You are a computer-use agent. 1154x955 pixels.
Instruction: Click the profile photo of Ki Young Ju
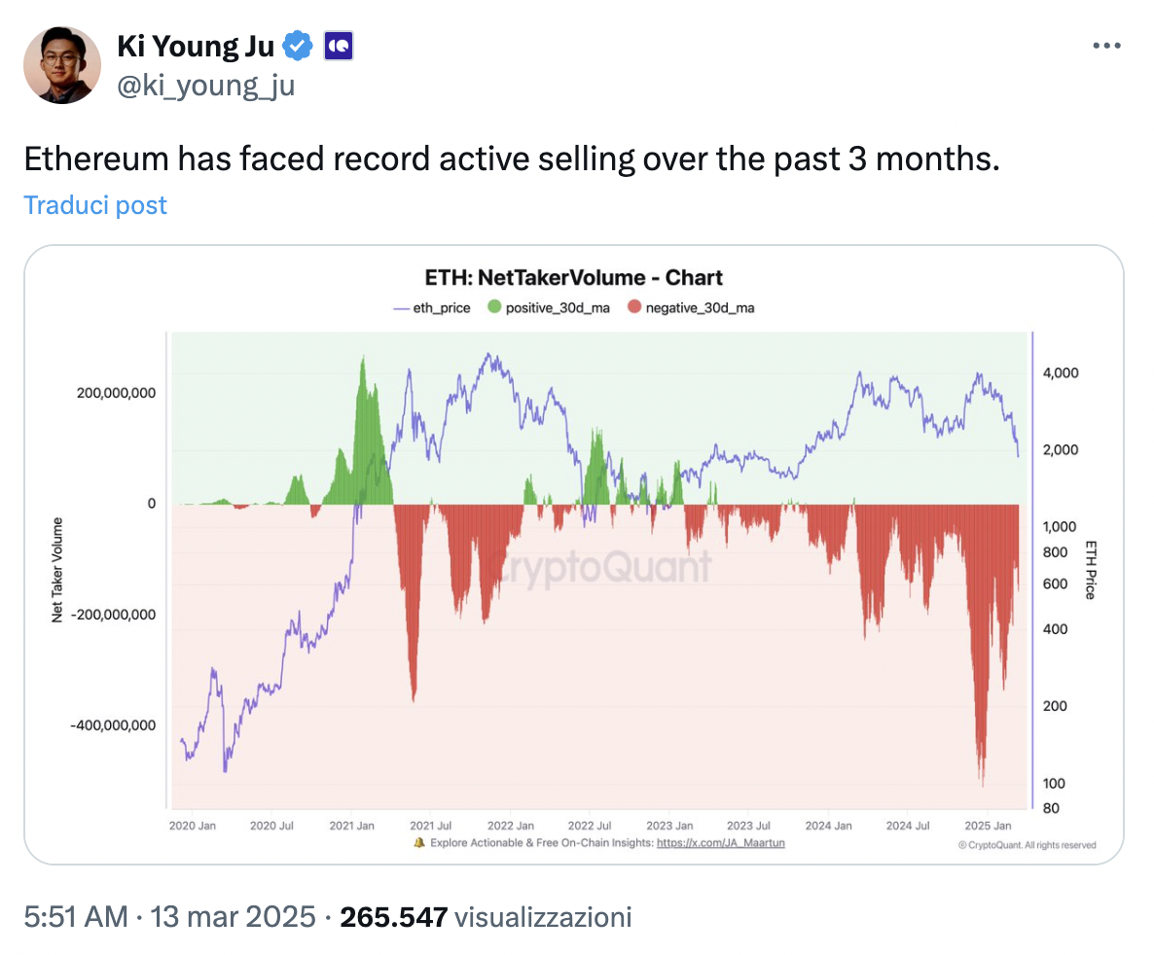[x=61, y=64]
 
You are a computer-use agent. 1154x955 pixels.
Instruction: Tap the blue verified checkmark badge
[x=297, y=45]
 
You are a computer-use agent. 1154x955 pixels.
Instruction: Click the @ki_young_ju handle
[x=205, y=86]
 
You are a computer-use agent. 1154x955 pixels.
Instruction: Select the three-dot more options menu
[x=1107, y=46]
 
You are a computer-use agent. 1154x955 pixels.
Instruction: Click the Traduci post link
[x=95, y=205]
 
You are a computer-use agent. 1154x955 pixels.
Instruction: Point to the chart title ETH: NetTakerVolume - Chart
[x=574, y=277]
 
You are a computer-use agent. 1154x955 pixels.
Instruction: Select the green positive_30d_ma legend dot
[x=493, y=308]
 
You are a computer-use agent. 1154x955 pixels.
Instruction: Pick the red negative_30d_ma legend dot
[x=634, y=308]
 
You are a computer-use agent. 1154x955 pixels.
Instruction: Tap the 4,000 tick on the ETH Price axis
[x=1061, y=373]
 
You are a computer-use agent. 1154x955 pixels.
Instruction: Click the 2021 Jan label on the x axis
[x=353, y=826]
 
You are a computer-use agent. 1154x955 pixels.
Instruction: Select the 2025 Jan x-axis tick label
[x=986, y=826]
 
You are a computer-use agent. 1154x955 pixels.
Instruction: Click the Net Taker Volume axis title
[x=58, y=569]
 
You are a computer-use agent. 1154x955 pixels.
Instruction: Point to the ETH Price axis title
[x=1091, y=569]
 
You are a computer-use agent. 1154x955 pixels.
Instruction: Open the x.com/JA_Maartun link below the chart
[x=720, y=842]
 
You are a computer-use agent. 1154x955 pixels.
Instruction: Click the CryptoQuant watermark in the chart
[x=598, y=566]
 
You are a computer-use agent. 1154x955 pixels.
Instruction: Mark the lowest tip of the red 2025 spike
[x=984, y=786]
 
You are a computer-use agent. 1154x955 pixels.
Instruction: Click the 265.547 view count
[x=393, y=916]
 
